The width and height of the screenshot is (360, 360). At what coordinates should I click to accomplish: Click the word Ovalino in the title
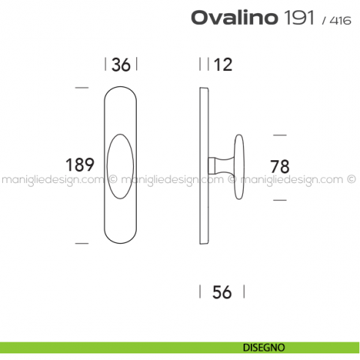[x=233, y=18]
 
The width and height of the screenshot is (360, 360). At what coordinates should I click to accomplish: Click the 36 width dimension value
[x=121, y=65]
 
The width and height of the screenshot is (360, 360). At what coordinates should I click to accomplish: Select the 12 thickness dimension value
[x=223, y=65]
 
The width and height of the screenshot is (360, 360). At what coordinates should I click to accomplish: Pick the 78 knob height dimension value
[x=280, y=166]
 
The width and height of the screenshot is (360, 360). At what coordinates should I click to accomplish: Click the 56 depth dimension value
[x=222, y=292]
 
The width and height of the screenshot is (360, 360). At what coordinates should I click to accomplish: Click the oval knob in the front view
[x=121, y=165]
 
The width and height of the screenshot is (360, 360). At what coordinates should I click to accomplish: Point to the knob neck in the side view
[x=219, y=166]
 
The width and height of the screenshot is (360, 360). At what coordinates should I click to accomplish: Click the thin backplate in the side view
[x=204, y=166]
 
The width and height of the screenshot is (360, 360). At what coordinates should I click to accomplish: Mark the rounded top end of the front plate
[x=121, y=92]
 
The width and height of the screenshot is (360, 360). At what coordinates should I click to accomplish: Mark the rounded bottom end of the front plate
[x=121, y=239]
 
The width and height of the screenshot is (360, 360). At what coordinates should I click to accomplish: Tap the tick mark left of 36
[x=106, y=64]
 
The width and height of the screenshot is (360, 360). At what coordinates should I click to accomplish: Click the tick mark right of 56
[x=244, y=292]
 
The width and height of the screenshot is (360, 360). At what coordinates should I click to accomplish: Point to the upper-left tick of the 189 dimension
[x=82, y=88]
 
